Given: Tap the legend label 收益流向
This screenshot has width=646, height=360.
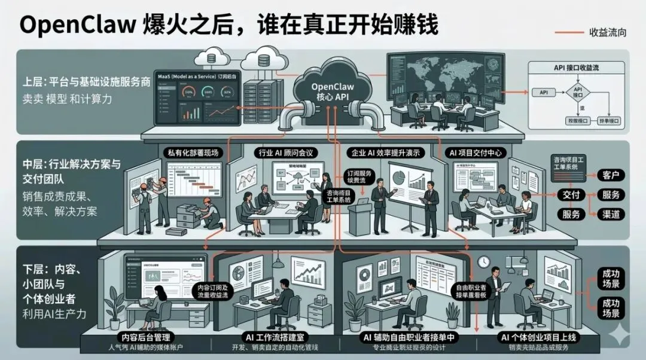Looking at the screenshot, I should (x=608, y=32).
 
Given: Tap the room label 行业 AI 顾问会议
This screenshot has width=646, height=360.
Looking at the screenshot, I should (x=288, y=153).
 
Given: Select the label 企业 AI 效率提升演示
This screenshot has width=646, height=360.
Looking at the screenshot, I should (x=389, y=153).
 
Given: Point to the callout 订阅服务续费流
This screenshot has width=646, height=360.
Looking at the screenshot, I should (x=359, y=175).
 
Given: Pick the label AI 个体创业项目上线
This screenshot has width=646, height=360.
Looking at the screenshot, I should (x=538, y=337).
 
